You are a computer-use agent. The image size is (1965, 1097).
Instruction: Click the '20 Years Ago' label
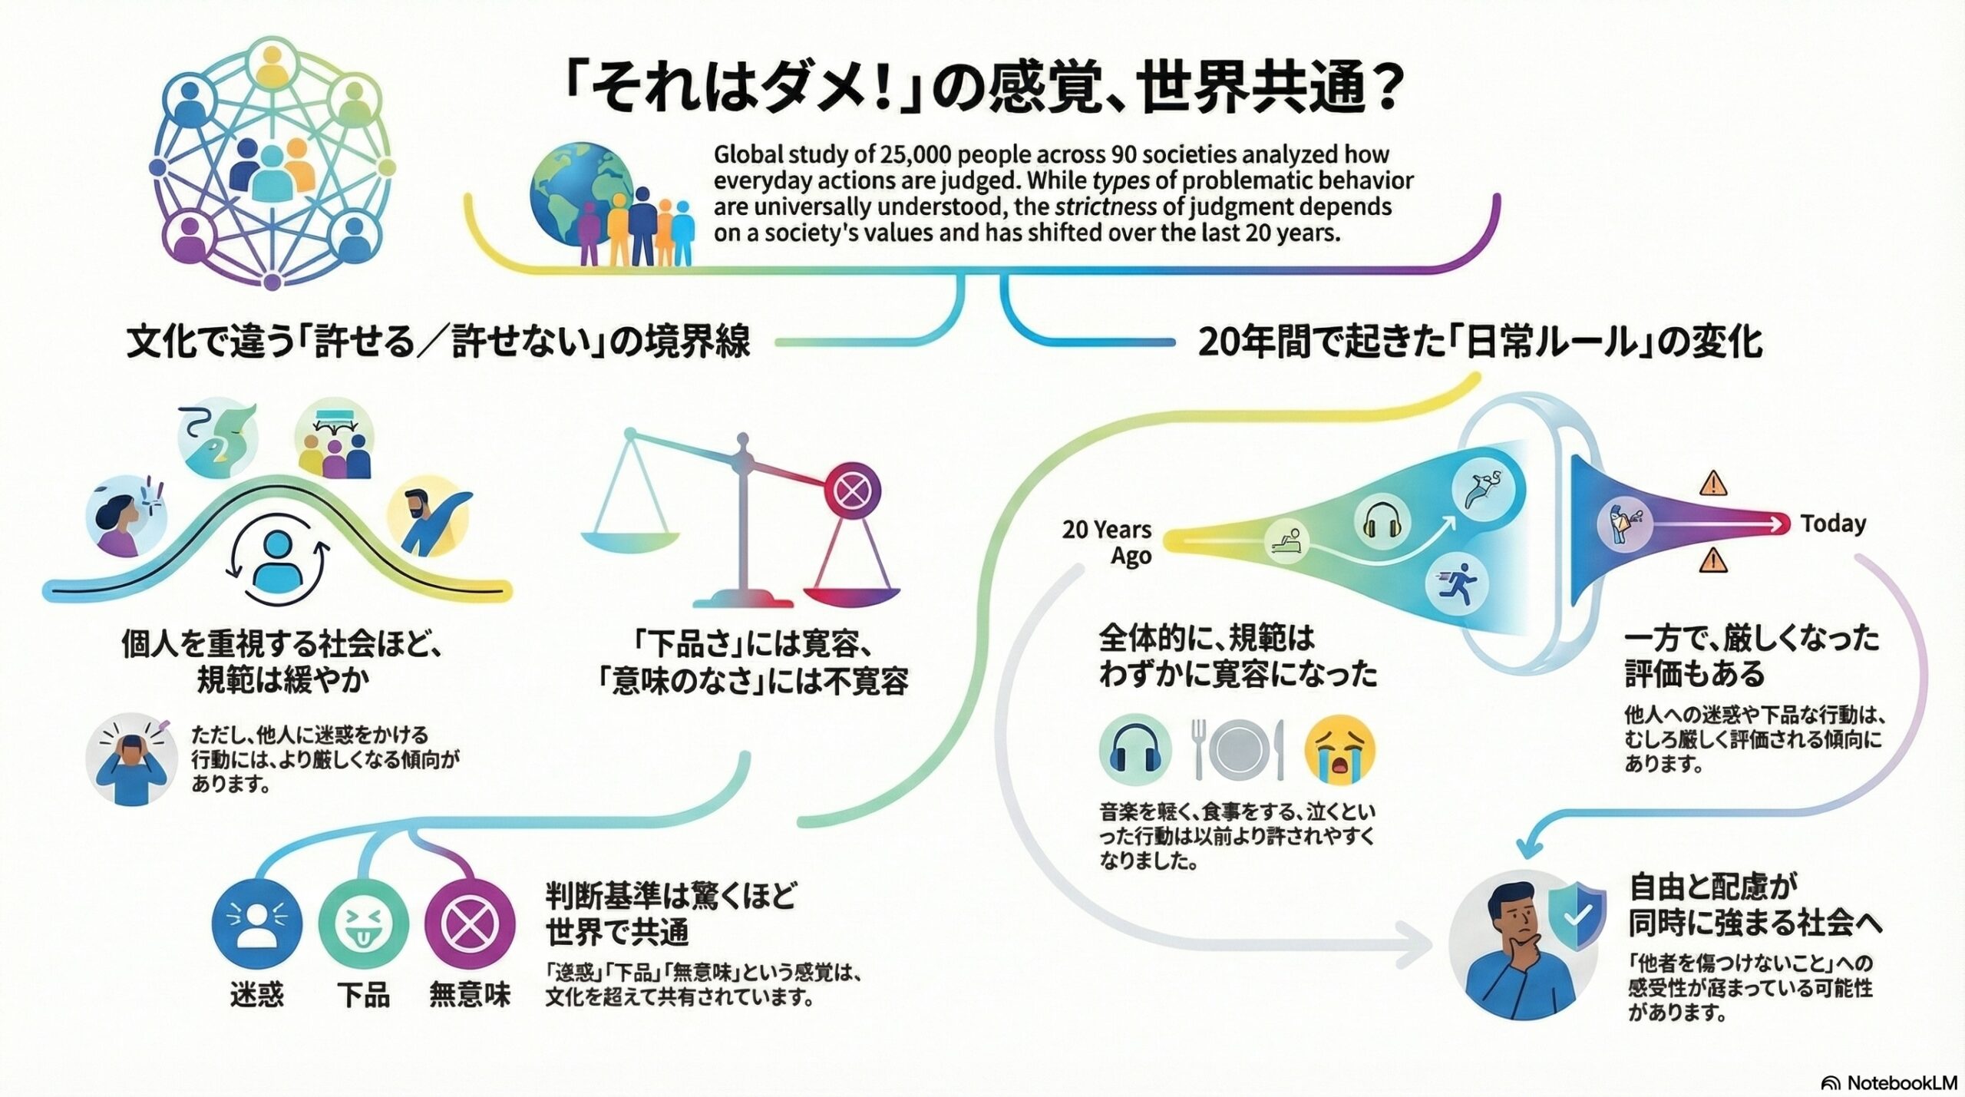click(1108, 542)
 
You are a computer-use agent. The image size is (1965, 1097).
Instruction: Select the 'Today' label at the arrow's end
click(1833, 524)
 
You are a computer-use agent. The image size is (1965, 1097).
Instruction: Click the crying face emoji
click(1339, 750)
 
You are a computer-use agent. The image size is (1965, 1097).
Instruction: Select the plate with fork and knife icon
click(1237, 750)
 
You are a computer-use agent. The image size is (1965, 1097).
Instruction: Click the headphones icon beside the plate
click(1135, 750)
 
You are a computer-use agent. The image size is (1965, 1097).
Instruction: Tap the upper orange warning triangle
click(1713, 484)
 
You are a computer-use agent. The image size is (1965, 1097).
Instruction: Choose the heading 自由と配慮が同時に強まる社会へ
click(1754, 907)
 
